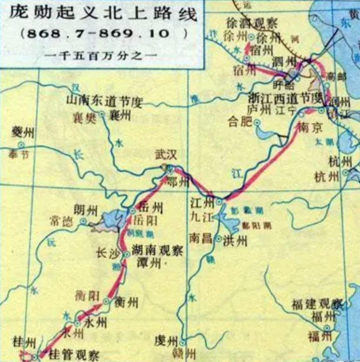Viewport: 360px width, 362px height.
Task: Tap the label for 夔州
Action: (x=23, y=132)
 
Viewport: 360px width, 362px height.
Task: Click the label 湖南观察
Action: (x=156, y=251)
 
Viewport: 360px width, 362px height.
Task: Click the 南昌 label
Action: (x=201, y=237)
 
